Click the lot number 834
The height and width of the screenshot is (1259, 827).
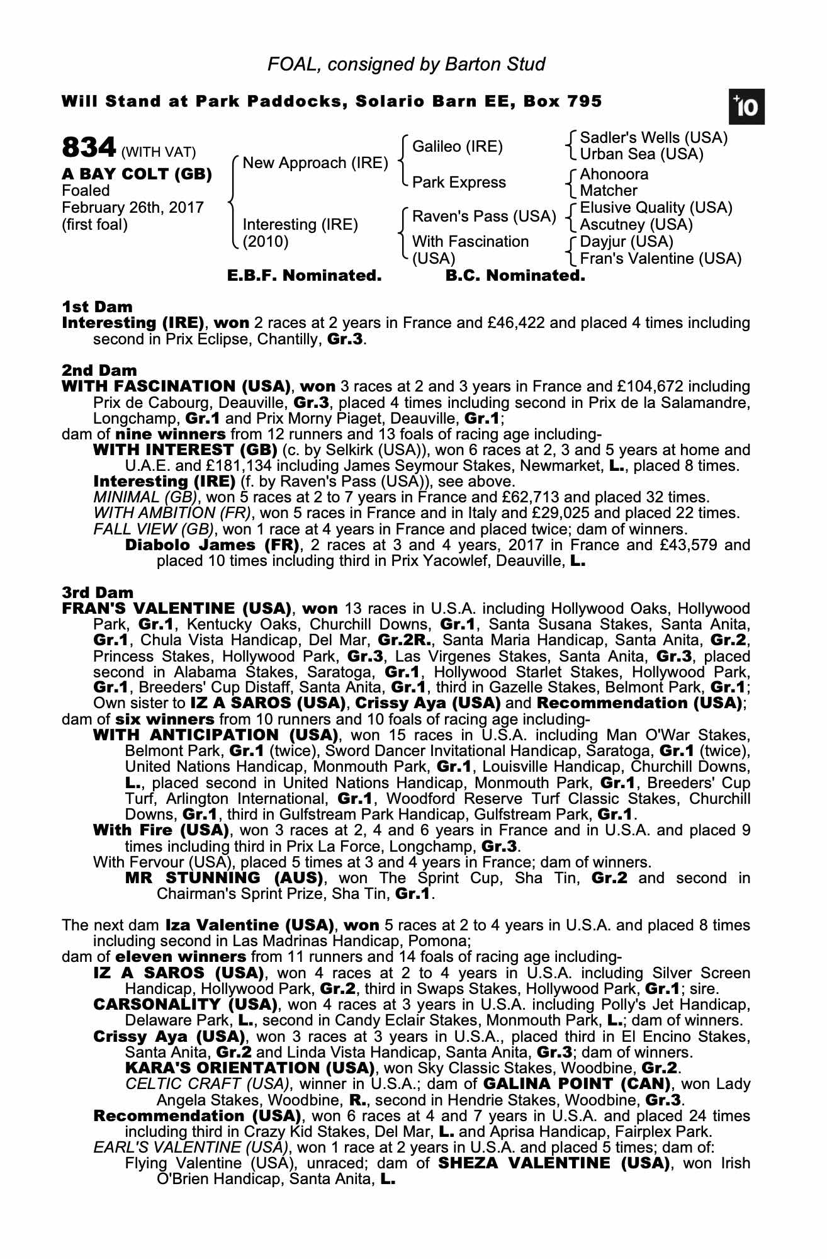click(x=89, y=149)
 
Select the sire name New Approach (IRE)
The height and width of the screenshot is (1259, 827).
click(x=315, y=163)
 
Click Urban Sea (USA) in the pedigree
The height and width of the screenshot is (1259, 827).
click(x=641, y=154)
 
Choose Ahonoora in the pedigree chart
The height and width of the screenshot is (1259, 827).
click(x=614, y=174)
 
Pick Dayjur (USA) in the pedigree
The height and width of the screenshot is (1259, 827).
click(x=626, y=242)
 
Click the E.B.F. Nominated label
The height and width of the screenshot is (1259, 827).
click(x=304, y=276)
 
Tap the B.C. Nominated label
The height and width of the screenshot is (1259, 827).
click(x=515, y=276)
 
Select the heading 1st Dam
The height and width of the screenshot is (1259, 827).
click(x=98, y=307)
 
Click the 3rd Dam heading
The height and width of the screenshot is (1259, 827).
click(x=98, y=593)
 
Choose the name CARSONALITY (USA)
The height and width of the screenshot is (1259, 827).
click(x=185, y=1004)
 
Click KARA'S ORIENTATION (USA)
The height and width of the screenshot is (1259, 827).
click(x=249, y=1068)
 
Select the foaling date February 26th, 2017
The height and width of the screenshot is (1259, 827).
click(x=132, y=208)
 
